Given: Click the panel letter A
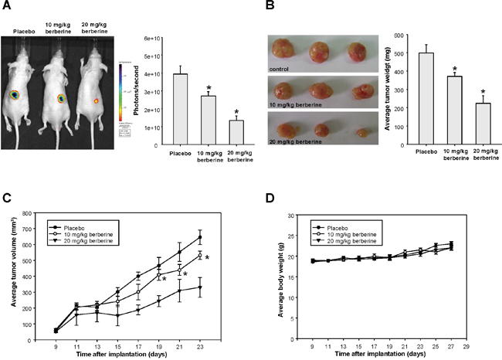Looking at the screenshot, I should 6,8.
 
